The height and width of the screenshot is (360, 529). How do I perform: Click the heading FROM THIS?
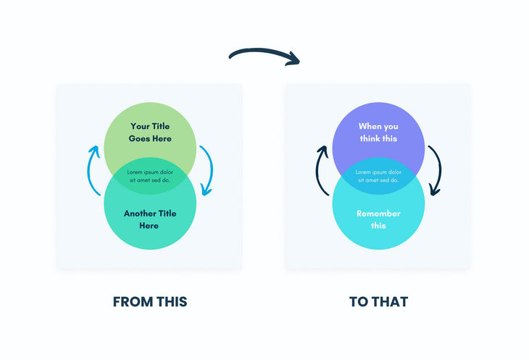150,301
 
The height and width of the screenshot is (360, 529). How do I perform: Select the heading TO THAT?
378,301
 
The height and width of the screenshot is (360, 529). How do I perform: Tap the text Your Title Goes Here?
150,132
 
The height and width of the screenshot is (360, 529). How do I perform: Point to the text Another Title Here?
150,219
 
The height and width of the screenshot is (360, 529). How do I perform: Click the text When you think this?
378,132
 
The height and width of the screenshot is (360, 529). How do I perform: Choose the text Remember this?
378,219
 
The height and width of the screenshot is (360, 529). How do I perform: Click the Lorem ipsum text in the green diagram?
150,176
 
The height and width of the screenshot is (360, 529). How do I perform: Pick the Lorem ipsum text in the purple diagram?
378,176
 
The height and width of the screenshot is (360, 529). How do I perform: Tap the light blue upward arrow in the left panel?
93,169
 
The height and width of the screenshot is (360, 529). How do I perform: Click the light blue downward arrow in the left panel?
207,171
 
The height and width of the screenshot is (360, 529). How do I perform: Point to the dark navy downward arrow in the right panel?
435,171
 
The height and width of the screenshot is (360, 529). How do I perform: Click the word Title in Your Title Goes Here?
160,126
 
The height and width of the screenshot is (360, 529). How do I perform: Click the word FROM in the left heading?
132,301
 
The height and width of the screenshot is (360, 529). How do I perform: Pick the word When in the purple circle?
369,126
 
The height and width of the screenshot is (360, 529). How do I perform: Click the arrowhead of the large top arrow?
293,59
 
